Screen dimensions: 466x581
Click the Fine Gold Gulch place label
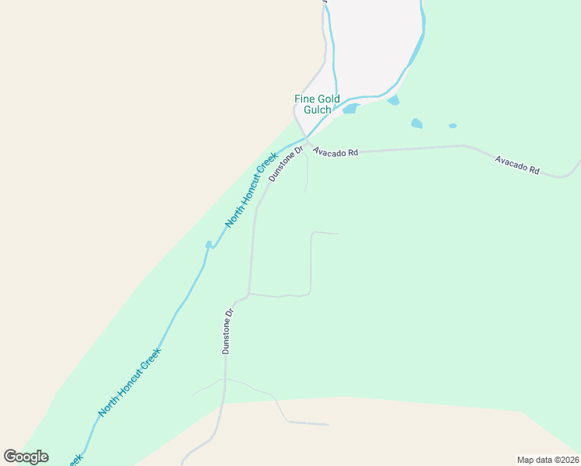click(317, 104)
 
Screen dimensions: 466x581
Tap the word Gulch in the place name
click(317, 110)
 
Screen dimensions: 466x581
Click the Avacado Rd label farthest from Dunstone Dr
click(517, 165)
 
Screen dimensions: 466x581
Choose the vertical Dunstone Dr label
click(227, 332)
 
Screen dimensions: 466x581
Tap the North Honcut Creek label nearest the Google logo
click(130, 381)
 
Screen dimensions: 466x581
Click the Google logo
click(26, 457)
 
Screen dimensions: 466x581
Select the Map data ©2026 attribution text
click(548, 460)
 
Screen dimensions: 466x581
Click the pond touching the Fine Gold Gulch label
click(350, 109)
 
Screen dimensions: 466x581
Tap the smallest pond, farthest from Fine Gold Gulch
click(453, 126)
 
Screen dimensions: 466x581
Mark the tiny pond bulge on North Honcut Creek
click(208, 245)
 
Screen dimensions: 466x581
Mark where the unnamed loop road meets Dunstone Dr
click(249, 294)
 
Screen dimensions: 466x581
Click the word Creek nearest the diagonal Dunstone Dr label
click(268, 162)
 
